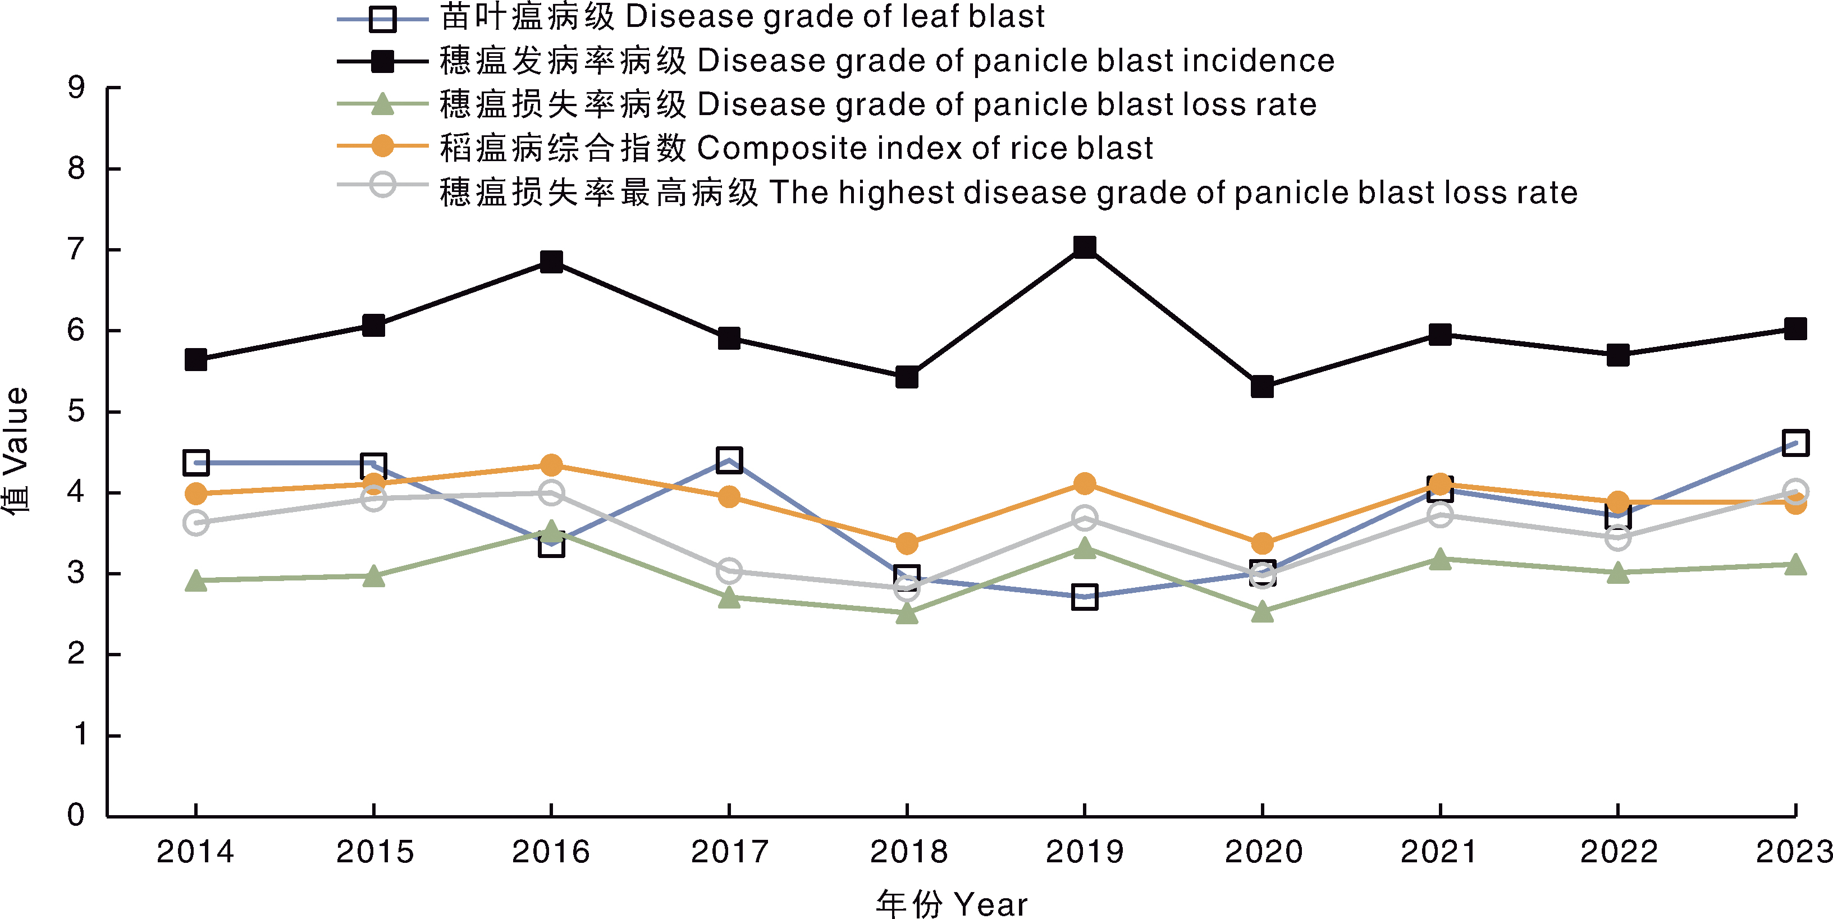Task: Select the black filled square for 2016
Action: point(551,262)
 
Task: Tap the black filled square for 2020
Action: point(1261,387)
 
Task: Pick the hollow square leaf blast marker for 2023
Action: point(1795,442)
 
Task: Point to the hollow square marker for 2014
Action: point(196,463)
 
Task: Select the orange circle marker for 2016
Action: point(551,465)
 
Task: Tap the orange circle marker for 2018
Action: point(907,544)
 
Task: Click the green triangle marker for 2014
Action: point(196,581)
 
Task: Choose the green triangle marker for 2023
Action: point(1795,565)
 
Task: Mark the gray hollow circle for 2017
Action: point(729,570)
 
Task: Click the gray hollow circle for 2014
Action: point(196,523)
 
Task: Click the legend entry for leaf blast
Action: point(742,17)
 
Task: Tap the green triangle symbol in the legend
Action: point(382,104)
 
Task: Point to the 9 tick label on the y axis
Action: point(76,88)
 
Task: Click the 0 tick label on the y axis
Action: point(76,815)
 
